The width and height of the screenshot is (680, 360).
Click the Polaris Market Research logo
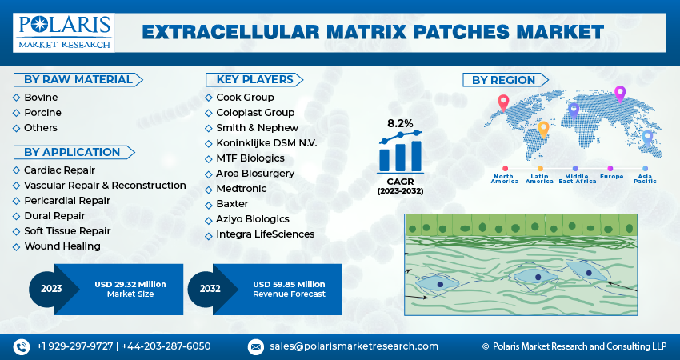coord(63,32)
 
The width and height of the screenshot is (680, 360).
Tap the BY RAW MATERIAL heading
coord(78,79)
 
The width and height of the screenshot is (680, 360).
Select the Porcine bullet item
coord(42,113)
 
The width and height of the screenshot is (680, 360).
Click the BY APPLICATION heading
coord(72,152)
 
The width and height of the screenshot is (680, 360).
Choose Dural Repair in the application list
coord(54,215)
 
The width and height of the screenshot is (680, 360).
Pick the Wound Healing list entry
coord(62,246)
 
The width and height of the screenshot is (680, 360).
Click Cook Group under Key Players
coord(245,98)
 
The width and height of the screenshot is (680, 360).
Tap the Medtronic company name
coord(241,189)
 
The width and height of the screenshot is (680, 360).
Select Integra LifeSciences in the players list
coord(265,234)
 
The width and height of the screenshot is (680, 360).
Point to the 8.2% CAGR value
coord(400,124)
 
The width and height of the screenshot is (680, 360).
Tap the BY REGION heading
coord(503,80)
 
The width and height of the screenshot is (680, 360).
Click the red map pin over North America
coord(502,102)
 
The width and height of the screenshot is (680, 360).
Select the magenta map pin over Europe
coord(619,94)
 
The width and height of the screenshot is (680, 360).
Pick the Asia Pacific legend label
coord(645,178)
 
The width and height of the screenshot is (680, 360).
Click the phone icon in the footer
coord(21,346)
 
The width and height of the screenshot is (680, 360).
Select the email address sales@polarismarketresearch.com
coord(354,346)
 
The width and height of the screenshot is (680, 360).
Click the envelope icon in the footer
coord(256,346)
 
